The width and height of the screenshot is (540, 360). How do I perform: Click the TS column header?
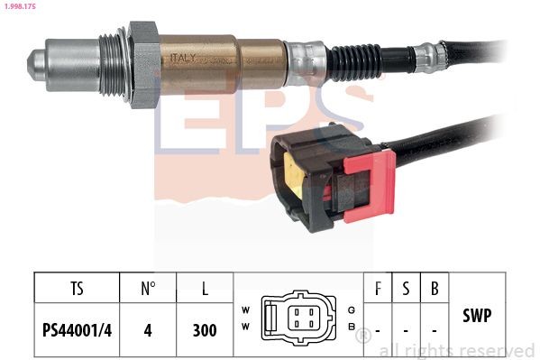click(x=77, y=290)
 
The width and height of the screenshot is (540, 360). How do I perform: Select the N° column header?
click(x=149, y=290)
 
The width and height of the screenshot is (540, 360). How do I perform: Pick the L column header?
click(x=205, y=290)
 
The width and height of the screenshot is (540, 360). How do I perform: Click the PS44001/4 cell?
click(x=77, y=329)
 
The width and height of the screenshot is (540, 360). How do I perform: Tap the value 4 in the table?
click(x=149, y=329)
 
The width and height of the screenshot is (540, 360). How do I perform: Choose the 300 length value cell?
click(x=205, y=329)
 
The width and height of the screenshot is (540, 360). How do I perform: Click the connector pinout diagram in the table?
click(x=298, y=318)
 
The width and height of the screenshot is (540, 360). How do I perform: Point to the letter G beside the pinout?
click(x=350, y=309)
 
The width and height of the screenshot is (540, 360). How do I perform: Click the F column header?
click(x=378, y=290)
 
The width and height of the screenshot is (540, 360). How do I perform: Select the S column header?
click(x=406, y=290)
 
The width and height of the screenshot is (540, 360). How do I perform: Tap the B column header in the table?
click(x=435, y=290)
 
